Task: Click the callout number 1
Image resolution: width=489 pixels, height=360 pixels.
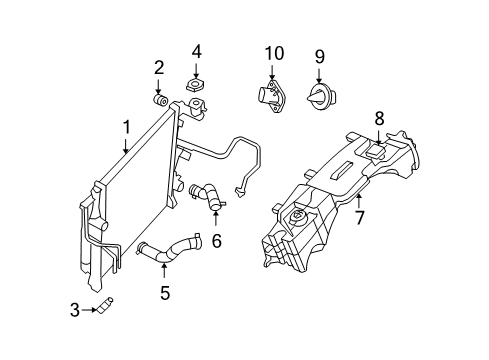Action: point(125,127)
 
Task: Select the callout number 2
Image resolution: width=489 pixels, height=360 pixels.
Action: point(158,67)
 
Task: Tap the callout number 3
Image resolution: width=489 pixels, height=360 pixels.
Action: point(75,311)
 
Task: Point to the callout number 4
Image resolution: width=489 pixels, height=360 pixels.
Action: point(197,50)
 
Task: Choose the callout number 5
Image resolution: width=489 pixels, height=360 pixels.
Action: point(165,293)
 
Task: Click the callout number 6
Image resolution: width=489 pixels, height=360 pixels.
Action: point(216,240)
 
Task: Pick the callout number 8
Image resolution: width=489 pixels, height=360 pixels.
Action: point(379,118)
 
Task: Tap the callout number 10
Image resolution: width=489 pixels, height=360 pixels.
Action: point(273,52)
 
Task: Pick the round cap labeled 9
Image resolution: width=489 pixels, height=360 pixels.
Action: point(319,96)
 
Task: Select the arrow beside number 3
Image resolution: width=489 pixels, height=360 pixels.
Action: point(88,311)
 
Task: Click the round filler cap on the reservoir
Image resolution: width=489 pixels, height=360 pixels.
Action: point(297,218)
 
